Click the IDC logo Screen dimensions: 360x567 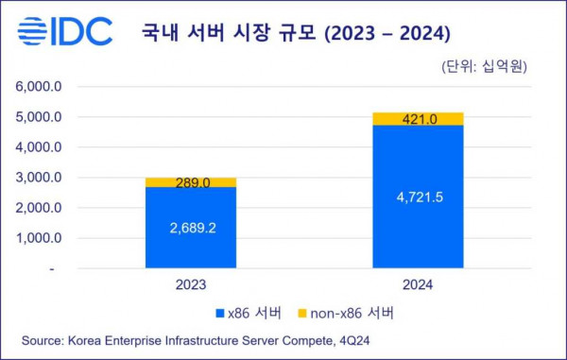pyautogui.click(x=65, y=31)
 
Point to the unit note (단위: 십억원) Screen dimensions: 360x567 pyautogui.click(x=483, y=66)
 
